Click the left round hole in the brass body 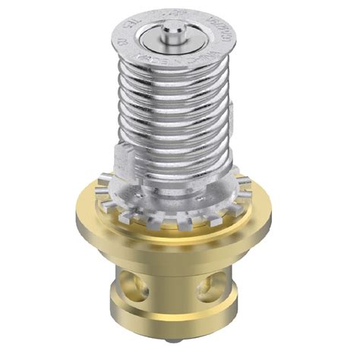tap(141, 284)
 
